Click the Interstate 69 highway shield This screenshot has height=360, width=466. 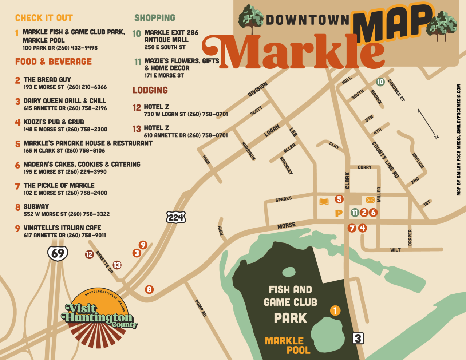pos(58,253)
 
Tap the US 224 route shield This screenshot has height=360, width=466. pos(176,218)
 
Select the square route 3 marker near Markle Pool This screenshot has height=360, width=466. pos(358,339)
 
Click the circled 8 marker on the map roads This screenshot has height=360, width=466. pos(149,289)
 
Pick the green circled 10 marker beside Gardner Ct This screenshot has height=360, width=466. pos(380,82)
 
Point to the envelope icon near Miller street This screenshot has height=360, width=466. pos(370,199)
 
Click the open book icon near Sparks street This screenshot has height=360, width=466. pos(324,201)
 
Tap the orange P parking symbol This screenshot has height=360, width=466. pos(339,213)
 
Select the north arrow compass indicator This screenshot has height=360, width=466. pos(428,123)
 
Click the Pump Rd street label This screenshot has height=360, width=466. pos(201,308)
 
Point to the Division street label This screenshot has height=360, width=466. pos(257,89)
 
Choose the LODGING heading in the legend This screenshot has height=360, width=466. pos(150,90)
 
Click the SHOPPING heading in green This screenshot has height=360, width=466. pos(155,18)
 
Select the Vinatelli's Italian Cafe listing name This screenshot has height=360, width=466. pos(62,228)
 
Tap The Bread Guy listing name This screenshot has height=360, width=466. pos(47,79)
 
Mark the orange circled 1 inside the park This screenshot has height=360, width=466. pos(335,310)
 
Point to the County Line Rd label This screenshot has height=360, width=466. pos(385,159)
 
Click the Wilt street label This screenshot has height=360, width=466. pos(395,250)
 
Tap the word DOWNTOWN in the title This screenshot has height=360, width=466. pos(308,20)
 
